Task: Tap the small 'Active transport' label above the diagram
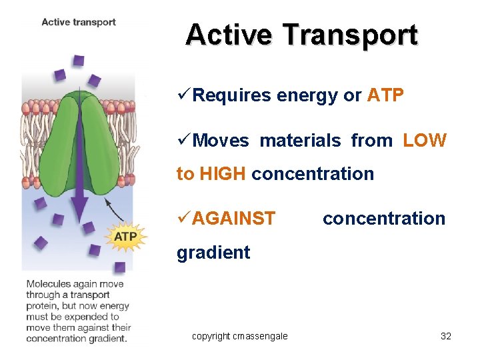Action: click(x=79, y=22)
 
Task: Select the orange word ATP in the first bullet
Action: click(x=385, y=96)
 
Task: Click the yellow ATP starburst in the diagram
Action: click(x=126, y=237)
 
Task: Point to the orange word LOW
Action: click(x=424, y=141)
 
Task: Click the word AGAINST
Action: click(x=234, y=219)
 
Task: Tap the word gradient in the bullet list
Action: click(x=213, y=253)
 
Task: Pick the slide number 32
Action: click(x=446, y=336)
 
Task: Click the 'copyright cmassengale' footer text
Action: click(x=239, y=336)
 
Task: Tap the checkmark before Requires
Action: click(x=183, y=95)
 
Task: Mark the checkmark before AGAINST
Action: click(x=183, y=218)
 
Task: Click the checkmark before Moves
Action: click(x=183, y=140)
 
